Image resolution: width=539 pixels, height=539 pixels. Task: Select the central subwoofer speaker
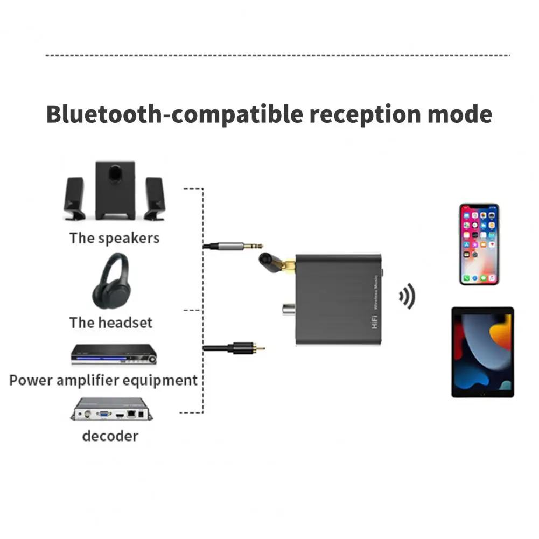point(115,191)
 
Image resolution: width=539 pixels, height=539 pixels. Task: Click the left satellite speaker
point(74,199)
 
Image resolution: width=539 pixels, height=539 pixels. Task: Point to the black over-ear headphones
point(111,281)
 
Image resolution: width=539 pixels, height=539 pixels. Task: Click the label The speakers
point(115,238)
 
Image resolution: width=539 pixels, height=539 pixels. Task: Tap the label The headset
point(111,323)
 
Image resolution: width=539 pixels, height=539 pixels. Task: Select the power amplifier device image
point(114,354)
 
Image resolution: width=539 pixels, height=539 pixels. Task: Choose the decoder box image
point(111,409)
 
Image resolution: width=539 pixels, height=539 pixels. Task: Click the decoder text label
point(110,436)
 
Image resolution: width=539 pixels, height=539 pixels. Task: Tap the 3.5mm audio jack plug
point(233,246)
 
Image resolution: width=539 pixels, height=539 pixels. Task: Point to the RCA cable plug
point(234,348)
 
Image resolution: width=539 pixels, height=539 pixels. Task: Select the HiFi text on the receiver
point(374,321)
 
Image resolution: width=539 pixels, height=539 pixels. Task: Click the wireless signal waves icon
point(407,296)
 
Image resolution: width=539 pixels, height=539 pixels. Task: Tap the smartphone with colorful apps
point(479,244)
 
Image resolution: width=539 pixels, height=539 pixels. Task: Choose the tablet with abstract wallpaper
point(482,352)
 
